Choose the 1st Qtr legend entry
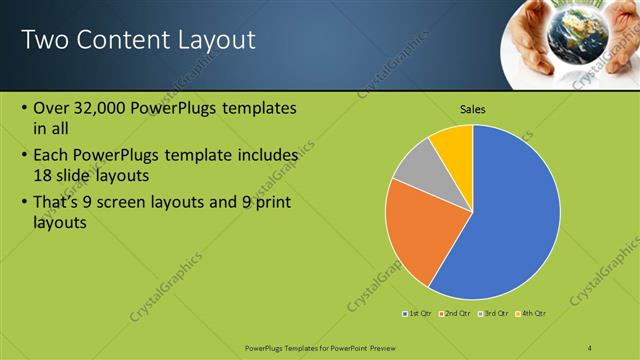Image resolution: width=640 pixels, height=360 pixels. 419,314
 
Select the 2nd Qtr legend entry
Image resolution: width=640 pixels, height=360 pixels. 457,314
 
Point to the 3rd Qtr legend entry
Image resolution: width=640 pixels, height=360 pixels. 495,314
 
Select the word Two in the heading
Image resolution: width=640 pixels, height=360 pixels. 42,40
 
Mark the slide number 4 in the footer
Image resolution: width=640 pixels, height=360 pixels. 590,347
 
